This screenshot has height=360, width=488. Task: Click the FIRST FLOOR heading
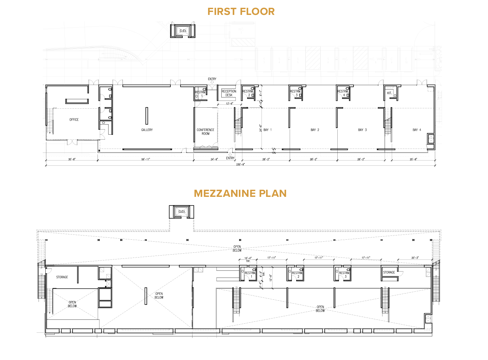click(241, 12)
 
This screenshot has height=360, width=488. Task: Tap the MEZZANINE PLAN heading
click(240, 194)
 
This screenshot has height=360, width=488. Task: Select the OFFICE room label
click(74, 120)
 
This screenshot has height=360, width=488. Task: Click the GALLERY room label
click(147, 130)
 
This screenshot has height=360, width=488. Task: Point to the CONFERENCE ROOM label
click(205, 132)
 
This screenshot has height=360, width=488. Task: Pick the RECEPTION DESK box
click(229, 93)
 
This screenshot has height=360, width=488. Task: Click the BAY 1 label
click(267, 130)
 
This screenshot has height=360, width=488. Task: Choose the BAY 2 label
click(315, 130)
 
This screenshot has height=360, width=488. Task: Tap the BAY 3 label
click(362, 130)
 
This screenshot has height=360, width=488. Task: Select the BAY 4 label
click(417, 130)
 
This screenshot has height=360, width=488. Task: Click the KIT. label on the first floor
click(389, 93)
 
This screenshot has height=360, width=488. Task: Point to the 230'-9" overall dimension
click(240, 164)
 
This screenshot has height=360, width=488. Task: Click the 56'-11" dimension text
click(145, 159)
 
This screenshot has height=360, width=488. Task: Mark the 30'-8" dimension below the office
click(72, 159)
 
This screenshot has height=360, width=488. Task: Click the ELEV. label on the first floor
click(183, 31)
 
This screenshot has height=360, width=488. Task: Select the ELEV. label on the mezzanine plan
click(182, 212)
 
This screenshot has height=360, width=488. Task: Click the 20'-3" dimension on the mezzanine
click(415, 258)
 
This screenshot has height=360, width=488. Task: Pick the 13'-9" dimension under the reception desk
click(230, 104)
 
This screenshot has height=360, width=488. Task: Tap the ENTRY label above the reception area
click(212, 79)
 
